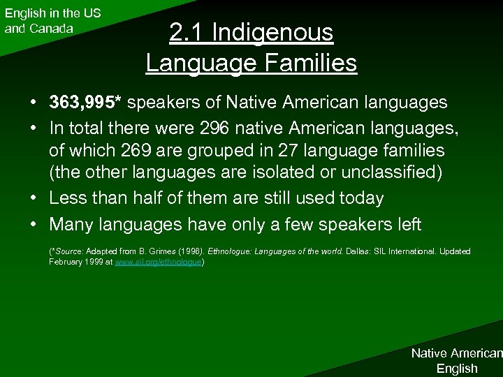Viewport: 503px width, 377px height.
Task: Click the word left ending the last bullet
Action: (x=407, y=224)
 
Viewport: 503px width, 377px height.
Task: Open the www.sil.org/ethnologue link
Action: (x=157, y=261)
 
